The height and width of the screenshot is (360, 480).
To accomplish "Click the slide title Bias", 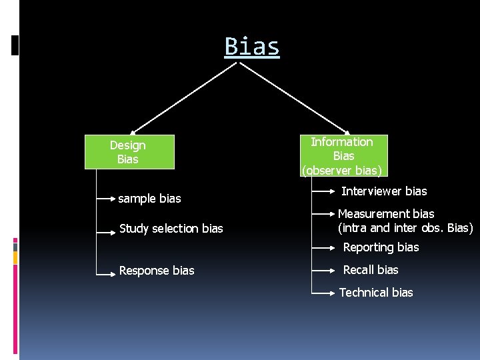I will click(252, 47).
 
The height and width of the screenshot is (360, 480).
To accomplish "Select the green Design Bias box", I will click(129, 152).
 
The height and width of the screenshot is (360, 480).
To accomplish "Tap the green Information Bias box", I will click(343, 155).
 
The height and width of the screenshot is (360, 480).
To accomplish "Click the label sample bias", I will click(149, 198).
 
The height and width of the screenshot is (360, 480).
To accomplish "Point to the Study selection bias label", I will click(171, 229).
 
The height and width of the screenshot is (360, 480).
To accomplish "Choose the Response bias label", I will click(157, 270).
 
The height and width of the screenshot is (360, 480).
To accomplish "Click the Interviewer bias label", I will click(384, 191).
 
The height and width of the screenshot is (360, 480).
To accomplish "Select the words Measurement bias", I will click(386, 214).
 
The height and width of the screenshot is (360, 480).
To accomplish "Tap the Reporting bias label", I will click(381, 247).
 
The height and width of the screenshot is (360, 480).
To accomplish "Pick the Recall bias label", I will click(370, 270).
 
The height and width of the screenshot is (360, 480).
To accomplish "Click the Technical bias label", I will click(376, 292).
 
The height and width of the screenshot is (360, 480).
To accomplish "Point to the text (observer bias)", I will click(343, 170).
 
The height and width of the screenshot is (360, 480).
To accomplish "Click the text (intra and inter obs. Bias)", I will click(405, 228).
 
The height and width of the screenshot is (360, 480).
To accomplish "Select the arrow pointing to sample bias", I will click(107, 198).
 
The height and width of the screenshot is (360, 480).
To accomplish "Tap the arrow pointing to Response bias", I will click(107, 271).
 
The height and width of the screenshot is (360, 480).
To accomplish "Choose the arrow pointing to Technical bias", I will click(323, 293).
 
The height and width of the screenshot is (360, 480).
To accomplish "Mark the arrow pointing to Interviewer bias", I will click(323, 192).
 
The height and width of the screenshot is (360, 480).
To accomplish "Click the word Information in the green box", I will click(342, 141).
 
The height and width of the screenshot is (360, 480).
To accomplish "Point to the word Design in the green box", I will click(127, 145).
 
